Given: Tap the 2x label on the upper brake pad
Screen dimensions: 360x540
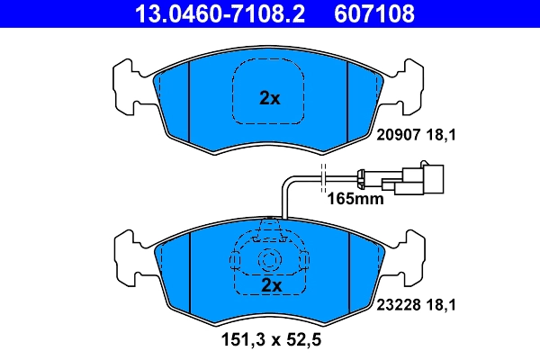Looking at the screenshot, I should pyautogui.click(x=270, y=98).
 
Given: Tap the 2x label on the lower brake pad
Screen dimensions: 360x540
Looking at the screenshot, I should pyautogui.click(x=271, y=285).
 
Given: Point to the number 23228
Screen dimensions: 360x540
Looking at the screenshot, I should pyautogui.click(x=396, y=305).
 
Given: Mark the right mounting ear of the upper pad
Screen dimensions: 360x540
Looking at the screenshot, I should pyautogui.click(x=409, y=85).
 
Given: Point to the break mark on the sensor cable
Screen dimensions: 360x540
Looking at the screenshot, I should pyautogui.click(x=322, y=180).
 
